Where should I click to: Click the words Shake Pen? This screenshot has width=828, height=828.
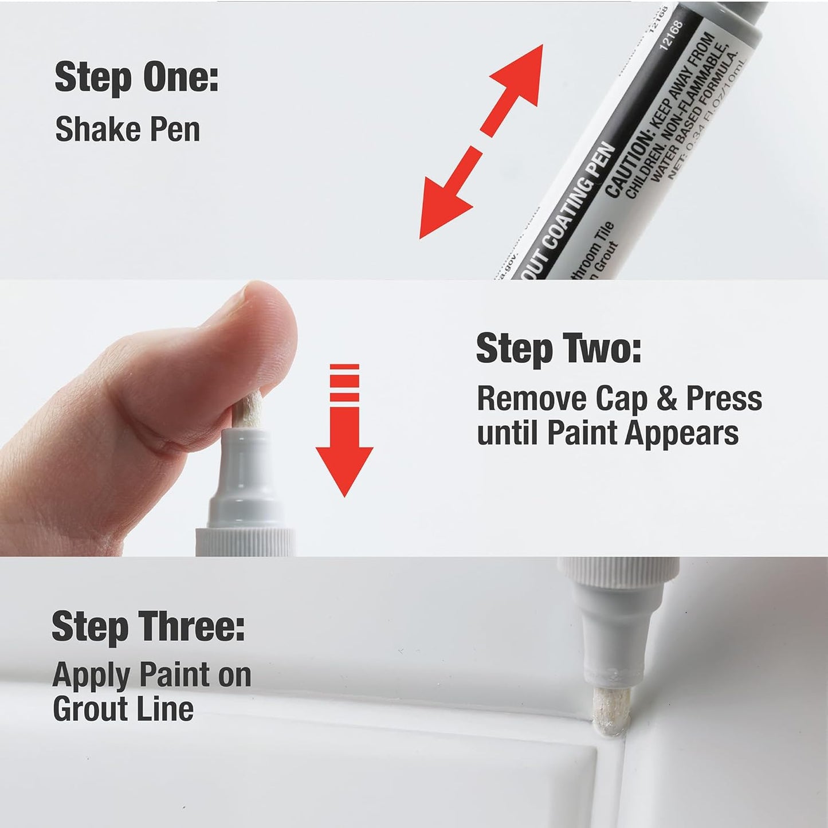pyautogui.click(x=127, y=130)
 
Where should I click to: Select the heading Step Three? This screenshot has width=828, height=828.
pyautogui.click(x=148, y=626)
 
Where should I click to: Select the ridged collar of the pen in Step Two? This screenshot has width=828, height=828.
pyautogui.click(x=245, y=542)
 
